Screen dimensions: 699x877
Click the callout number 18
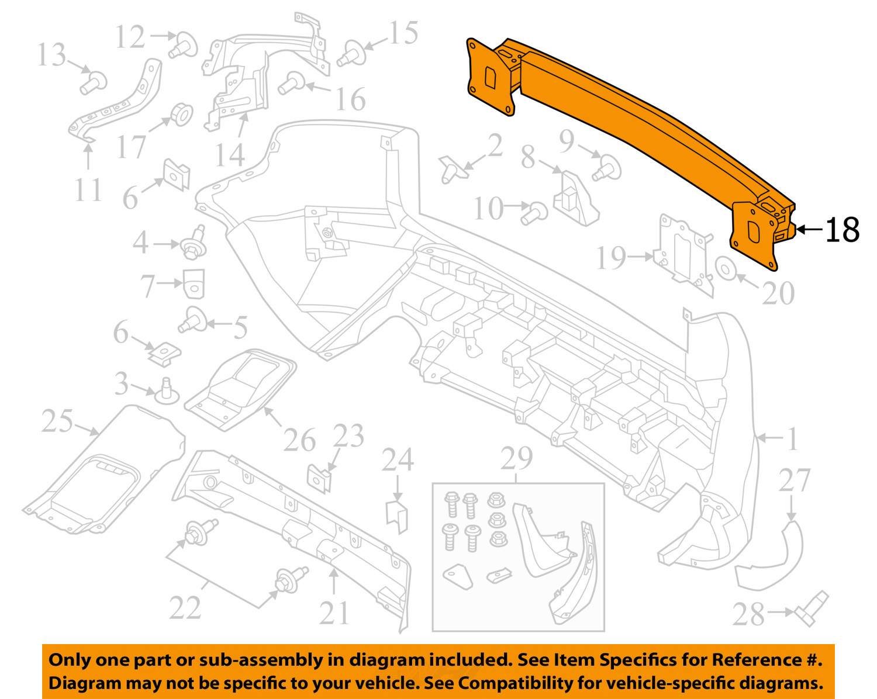843,230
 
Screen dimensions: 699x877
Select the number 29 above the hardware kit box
517,460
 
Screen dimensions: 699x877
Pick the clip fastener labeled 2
451,168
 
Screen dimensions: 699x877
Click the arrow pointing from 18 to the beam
809,230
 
